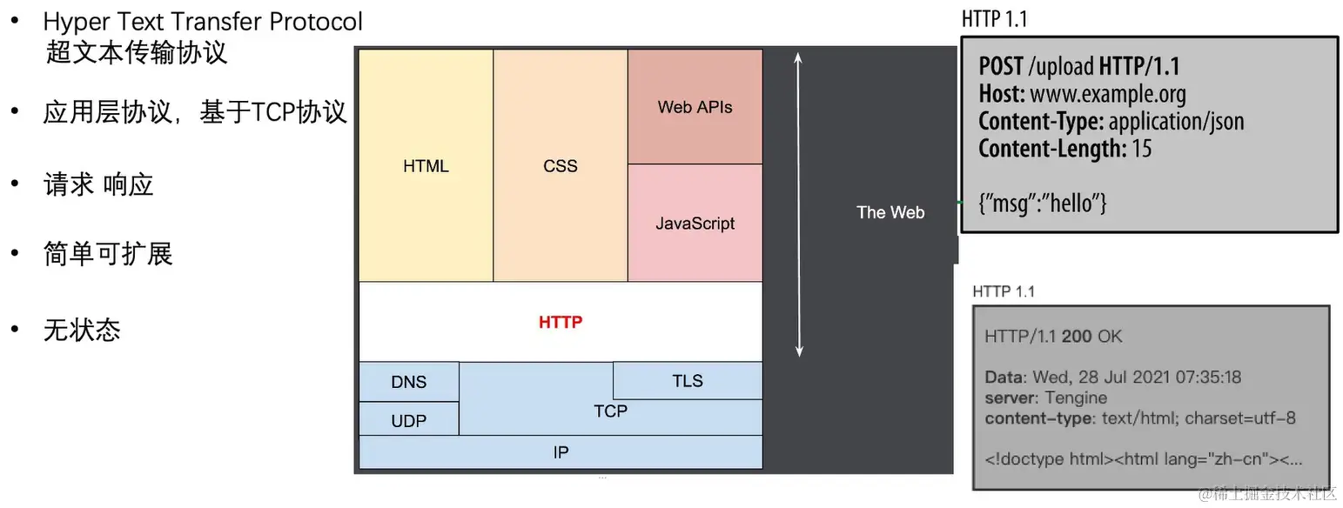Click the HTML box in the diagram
point(426,165)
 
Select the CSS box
point(560,165)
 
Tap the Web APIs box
point(695,107)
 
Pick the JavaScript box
point(695,224)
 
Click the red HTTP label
point(561,322)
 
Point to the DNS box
point(408,382)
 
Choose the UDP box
point(408,421)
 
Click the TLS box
point(688,381)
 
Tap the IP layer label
point(561,452)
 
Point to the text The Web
point(890,212)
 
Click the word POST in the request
point(1001,66)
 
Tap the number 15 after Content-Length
point(1141,148)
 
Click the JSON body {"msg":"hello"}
point(1042,204)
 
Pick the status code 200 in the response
point(1077,337)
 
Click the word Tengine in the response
point(1076,398)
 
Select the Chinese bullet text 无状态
point(82,330)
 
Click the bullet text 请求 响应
point(98,184)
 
